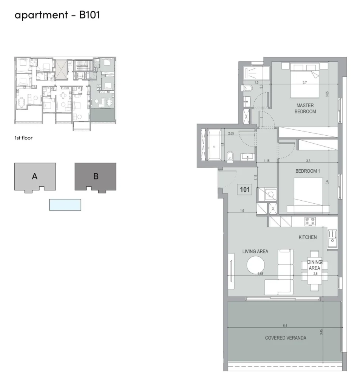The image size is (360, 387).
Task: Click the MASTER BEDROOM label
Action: [305, 108]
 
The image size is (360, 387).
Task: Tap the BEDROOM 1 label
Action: [308, 171]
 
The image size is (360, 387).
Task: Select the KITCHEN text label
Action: [308, 237]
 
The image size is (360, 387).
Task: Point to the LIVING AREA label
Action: [255, 251]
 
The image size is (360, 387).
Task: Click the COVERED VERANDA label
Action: [286, 338]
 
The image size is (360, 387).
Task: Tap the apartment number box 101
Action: [245, 190]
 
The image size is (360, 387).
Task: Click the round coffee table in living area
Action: [256, 265]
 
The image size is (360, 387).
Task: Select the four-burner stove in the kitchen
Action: [310, 221]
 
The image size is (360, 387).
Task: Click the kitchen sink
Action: [332, 239]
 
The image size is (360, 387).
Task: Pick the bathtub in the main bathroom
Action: [214, 145]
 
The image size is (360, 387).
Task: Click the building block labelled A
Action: [35, 178]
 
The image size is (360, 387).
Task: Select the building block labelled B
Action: [96, 178]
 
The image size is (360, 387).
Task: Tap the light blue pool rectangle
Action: [65, 205]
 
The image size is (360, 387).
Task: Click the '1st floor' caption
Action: [23, 138]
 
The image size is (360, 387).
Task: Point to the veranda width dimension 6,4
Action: [285, 325]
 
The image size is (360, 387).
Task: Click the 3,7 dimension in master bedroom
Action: [305, 82]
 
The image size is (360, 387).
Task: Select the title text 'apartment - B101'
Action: [57, 15]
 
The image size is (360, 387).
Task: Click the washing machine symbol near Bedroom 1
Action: [270, 194]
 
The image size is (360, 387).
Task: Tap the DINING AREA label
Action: [314, 265]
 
